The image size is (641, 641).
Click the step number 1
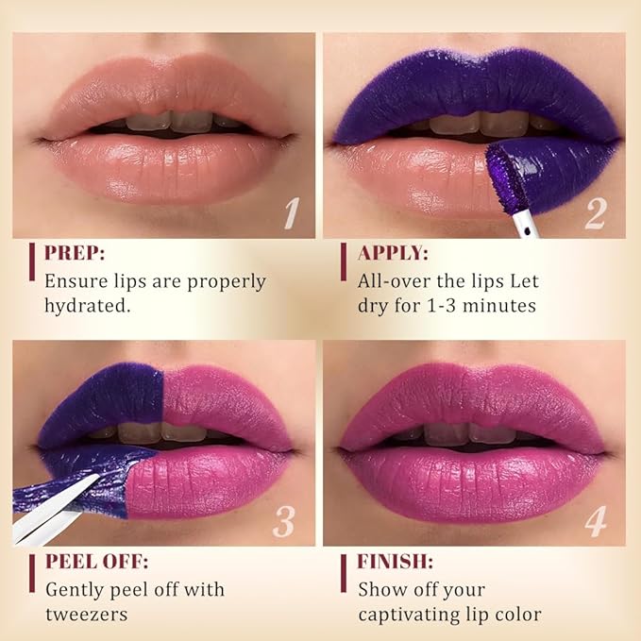(293, 213)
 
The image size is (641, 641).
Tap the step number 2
(594, 213)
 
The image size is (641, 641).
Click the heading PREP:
(75, 253)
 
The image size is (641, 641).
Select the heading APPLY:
(393, 253)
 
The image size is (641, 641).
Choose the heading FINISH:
(396, 562)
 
